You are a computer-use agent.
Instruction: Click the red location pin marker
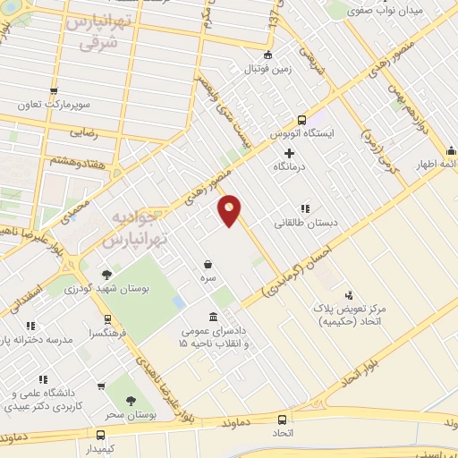pos(230,211)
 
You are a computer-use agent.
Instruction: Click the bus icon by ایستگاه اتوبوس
pos(301,119)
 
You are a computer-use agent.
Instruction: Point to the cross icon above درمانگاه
pos(289,153)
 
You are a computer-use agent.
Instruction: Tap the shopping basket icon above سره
pos(208,264)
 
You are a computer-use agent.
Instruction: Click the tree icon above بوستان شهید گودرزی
pos(107,275)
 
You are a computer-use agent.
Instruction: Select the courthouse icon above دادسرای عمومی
pos(212,317)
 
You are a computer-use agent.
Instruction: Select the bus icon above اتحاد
pos(283,419)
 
